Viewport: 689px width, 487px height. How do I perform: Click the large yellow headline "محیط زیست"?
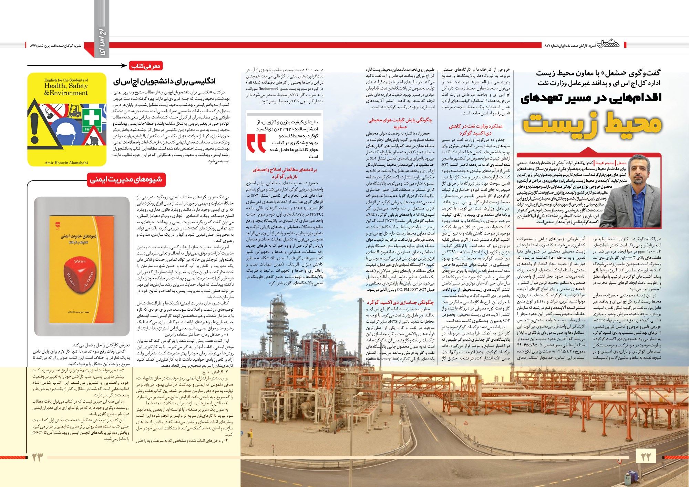click(x=592, y=124)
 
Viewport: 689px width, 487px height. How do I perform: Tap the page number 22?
click(x=646, y=457)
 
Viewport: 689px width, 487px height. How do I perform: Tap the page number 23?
click(x=37, y=457)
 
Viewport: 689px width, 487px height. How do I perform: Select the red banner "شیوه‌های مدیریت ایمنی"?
click(x=126, y=179)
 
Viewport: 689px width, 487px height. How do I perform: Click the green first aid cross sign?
click(x=91, y=119)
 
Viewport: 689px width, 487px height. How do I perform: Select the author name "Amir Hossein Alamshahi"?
click(x=66, y=163)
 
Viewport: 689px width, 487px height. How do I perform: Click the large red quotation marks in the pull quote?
click(x=257, y=143)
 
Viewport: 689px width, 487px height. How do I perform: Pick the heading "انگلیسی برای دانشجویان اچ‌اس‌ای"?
click(x=164, y=82)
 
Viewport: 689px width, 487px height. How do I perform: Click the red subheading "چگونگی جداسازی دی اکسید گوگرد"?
click(x=400, y=302)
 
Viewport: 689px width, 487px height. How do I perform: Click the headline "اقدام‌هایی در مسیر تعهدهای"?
click(x=591, y=97)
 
